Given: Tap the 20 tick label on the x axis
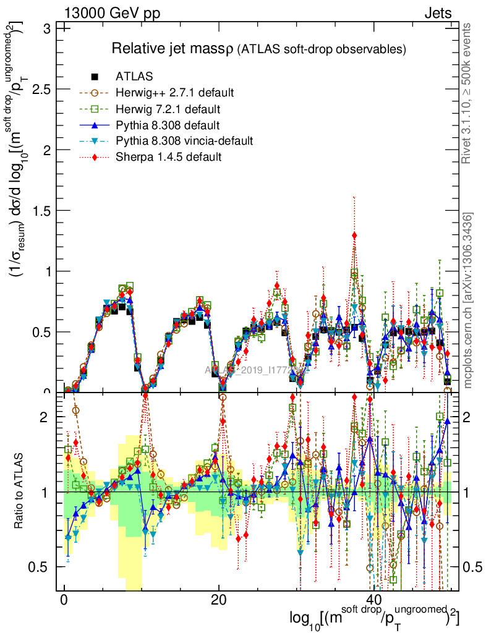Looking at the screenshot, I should pos(218,600).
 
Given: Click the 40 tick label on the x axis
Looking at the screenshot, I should pos(372,600).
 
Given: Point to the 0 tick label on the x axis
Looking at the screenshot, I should pos(64,600).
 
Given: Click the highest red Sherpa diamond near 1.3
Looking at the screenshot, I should pos(354,235).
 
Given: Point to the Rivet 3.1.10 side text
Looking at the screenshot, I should pos(467,93).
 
